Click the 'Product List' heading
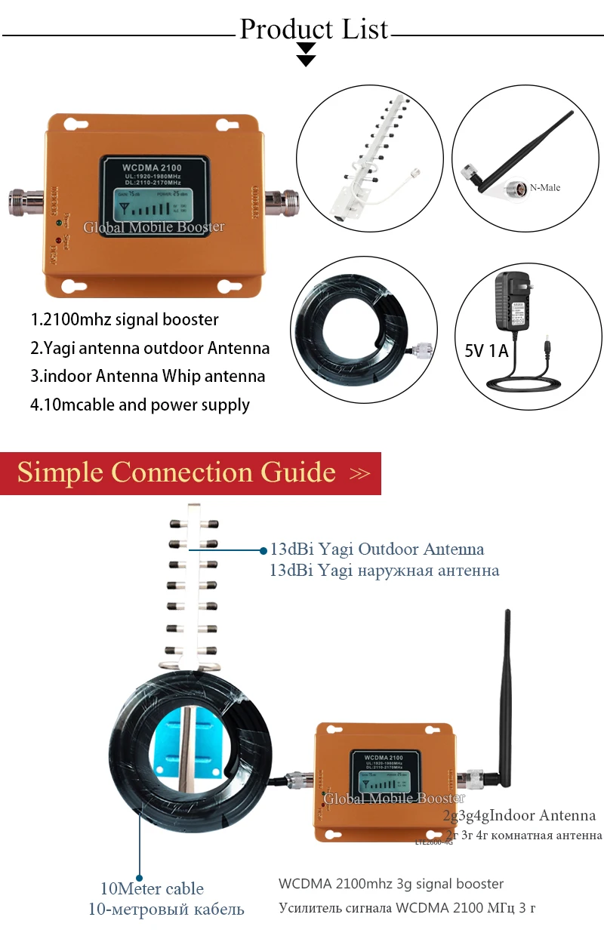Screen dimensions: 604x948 click(x=313, y=29)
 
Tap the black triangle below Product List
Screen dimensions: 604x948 click(x=306, y=54)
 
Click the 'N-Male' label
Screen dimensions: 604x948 click(x=546, y=187)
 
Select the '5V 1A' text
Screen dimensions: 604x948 click(x=480, y=351)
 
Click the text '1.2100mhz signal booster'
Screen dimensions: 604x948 click(x=125, y=319)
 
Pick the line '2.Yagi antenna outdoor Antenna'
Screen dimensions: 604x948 click(x=149, y=348)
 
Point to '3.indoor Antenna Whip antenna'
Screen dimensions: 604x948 click(x=147, y=376)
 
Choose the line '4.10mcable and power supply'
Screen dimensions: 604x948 click(x=140, y=405)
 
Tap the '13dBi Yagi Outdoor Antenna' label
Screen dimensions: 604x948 click(x=377, y=549)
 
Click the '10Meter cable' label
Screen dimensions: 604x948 click(x=152, y=888)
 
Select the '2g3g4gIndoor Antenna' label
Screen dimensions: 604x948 click(x=519, y=815)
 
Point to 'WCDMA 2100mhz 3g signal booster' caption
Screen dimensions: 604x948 click(x=390, y=883)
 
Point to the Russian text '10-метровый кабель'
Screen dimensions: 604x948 click(x=166, y=909)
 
